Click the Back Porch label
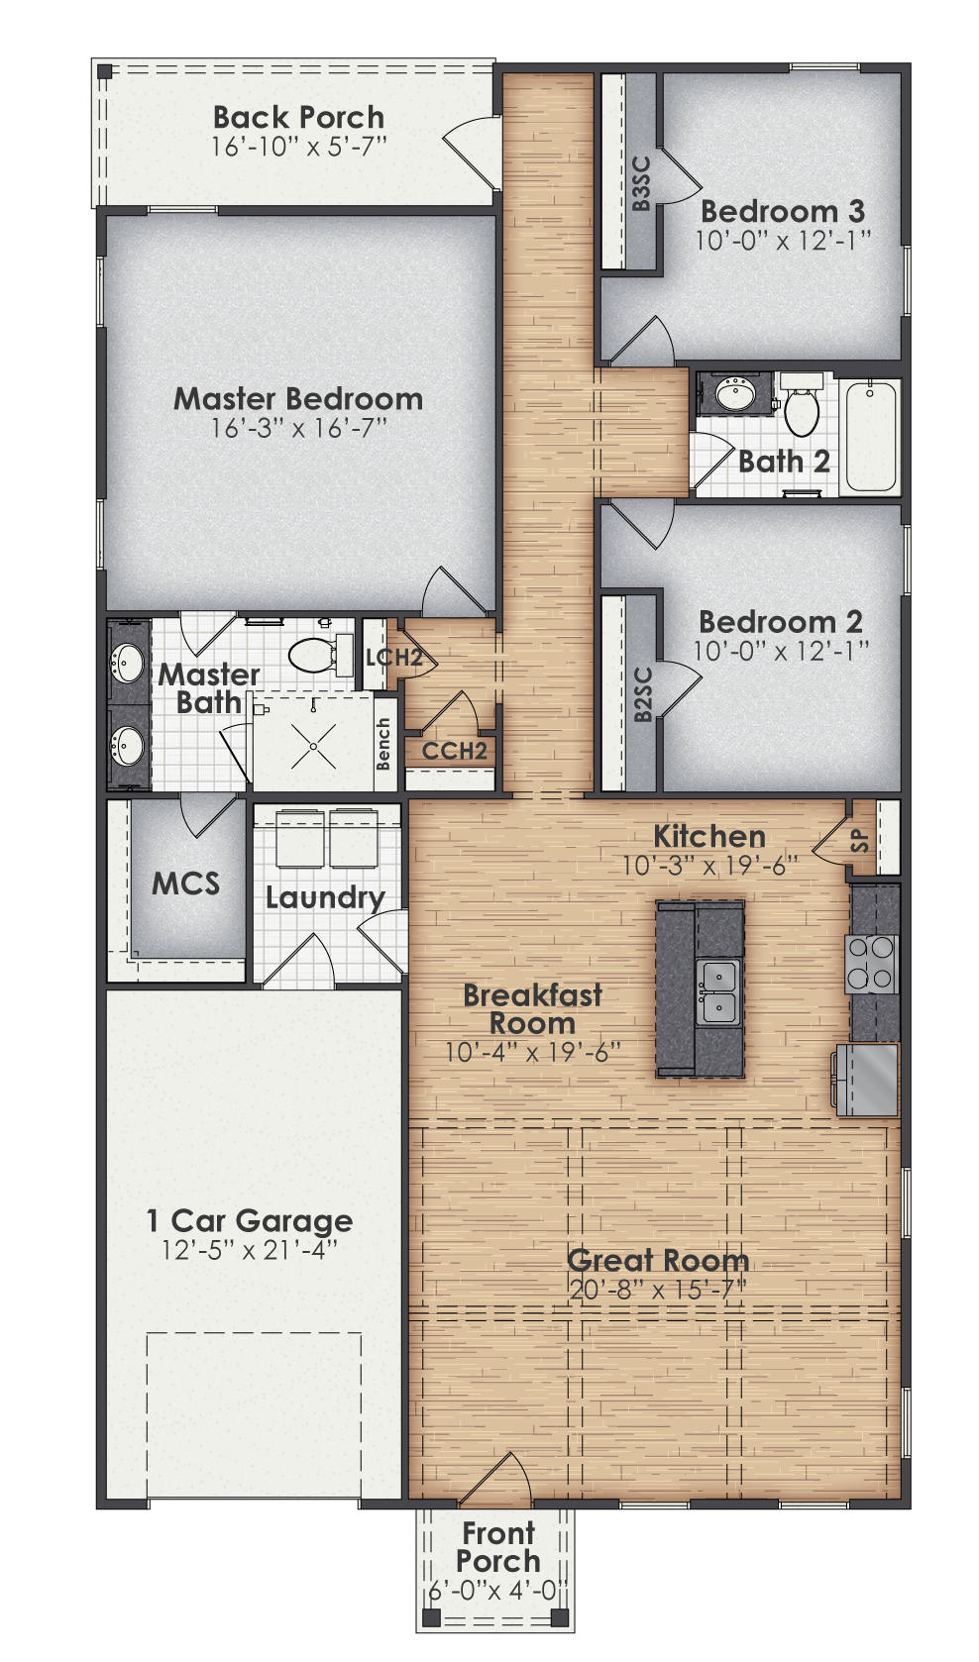[x=298, y=118]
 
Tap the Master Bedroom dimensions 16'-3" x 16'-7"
[x=298, y=429]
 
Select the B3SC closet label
[x=641, y=184]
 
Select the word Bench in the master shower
[x=384, y=744]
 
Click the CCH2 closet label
[x=454, y=751]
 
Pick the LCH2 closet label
[x=393, y=657]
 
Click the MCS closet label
[x=185, y=883]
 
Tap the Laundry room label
[x=325, y=898]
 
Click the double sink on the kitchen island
[x=717, y=992]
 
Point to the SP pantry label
[x=860, y=841]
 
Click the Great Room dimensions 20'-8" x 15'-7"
[x=658, y=1290]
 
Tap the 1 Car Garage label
[x=249, y=1221]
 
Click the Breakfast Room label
[x=532, y=1008]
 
